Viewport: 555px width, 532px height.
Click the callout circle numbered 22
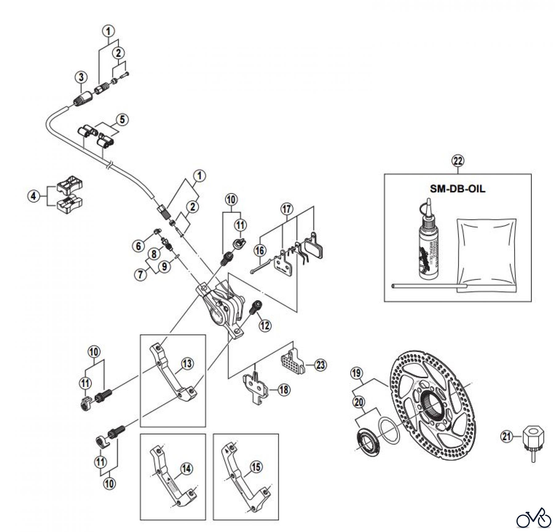(458, 161)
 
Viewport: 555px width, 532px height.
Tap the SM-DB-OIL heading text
(458, 189)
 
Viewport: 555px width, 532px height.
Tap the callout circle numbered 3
(81, 77)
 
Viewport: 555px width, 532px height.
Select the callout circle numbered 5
(122, 120)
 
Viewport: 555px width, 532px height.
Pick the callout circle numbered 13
(187, 364)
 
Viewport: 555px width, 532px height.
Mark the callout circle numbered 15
(256, 467)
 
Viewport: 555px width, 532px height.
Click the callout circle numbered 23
(321, 365)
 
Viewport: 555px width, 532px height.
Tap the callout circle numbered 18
(284, 390)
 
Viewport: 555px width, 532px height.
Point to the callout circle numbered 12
(265, 325)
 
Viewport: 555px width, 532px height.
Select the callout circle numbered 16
(260, 251)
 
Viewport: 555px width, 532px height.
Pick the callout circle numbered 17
(287, 209)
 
